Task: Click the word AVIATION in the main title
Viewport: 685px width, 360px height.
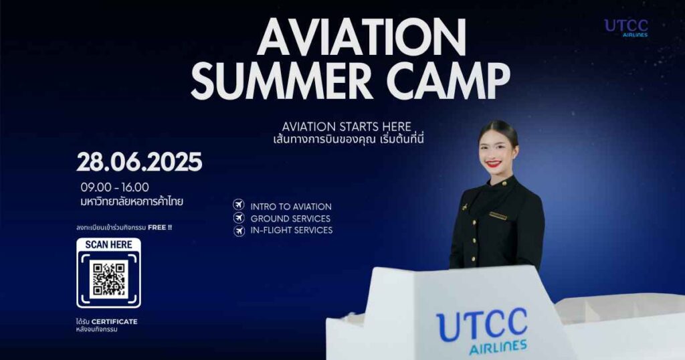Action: point(362,38)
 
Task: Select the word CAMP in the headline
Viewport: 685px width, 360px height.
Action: point(448,81)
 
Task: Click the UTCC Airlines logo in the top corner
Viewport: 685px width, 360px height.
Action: point(626,28)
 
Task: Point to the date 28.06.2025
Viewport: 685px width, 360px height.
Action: point(139,162)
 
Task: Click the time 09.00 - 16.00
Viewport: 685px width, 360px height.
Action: point(114,187)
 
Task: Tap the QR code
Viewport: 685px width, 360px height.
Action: point(109,279)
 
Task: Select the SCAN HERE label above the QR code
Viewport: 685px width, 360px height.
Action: point(109,245)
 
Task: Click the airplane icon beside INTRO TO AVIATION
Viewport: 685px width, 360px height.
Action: point(239,205)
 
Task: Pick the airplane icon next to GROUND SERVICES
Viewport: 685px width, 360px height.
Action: point(239,217)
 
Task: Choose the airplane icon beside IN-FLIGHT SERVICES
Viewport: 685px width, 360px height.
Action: point(239,230)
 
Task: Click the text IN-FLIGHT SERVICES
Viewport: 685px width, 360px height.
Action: point(292,230)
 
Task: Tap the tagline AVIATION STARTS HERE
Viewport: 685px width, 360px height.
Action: point(347,126)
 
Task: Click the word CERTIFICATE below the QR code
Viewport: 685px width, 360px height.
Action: point(114,322)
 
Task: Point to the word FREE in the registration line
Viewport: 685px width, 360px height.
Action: point(157,228)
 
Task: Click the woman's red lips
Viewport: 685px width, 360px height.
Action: point(494,164)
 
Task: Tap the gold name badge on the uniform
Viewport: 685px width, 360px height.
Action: point(498,215)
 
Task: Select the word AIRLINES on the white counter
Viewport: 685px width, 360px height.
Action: point(498,348)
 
